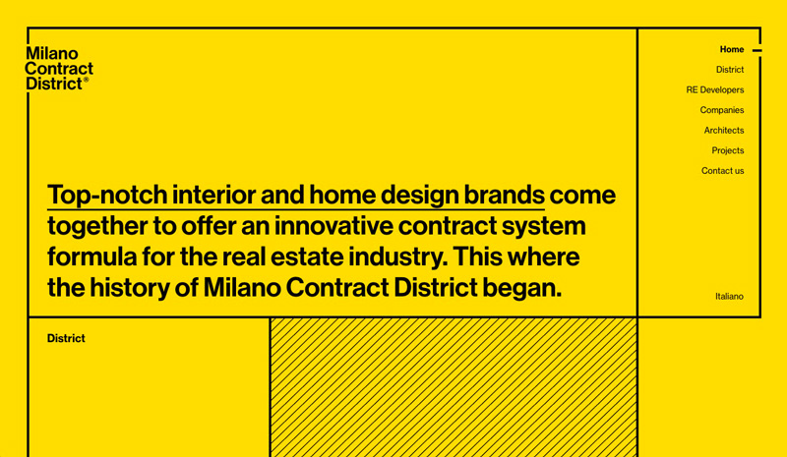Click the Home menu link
tap(732, 50)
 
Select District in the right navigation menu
tap(730, 70)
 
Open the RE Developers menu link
tap(715, 89)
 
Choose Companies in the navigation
tap(722, 110)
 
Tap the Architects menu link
tap(724, 131)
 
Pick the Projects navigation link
tap(728, 150)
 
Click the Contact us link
tap(723, 171)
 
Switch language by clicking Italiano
tap(729, 297)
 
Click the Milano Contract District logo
tap(59, 69)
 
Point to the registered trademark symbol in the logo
tap(86, 80)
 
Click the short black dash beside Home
tap(757, 50)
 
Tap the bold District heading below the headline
tap(66, 339)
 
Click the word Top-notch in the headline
tap(107, 196)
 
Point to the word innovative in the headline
tap(333, 226)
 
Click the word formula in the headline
tap(91, 257)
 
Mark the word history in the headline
tap(129, 288)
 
